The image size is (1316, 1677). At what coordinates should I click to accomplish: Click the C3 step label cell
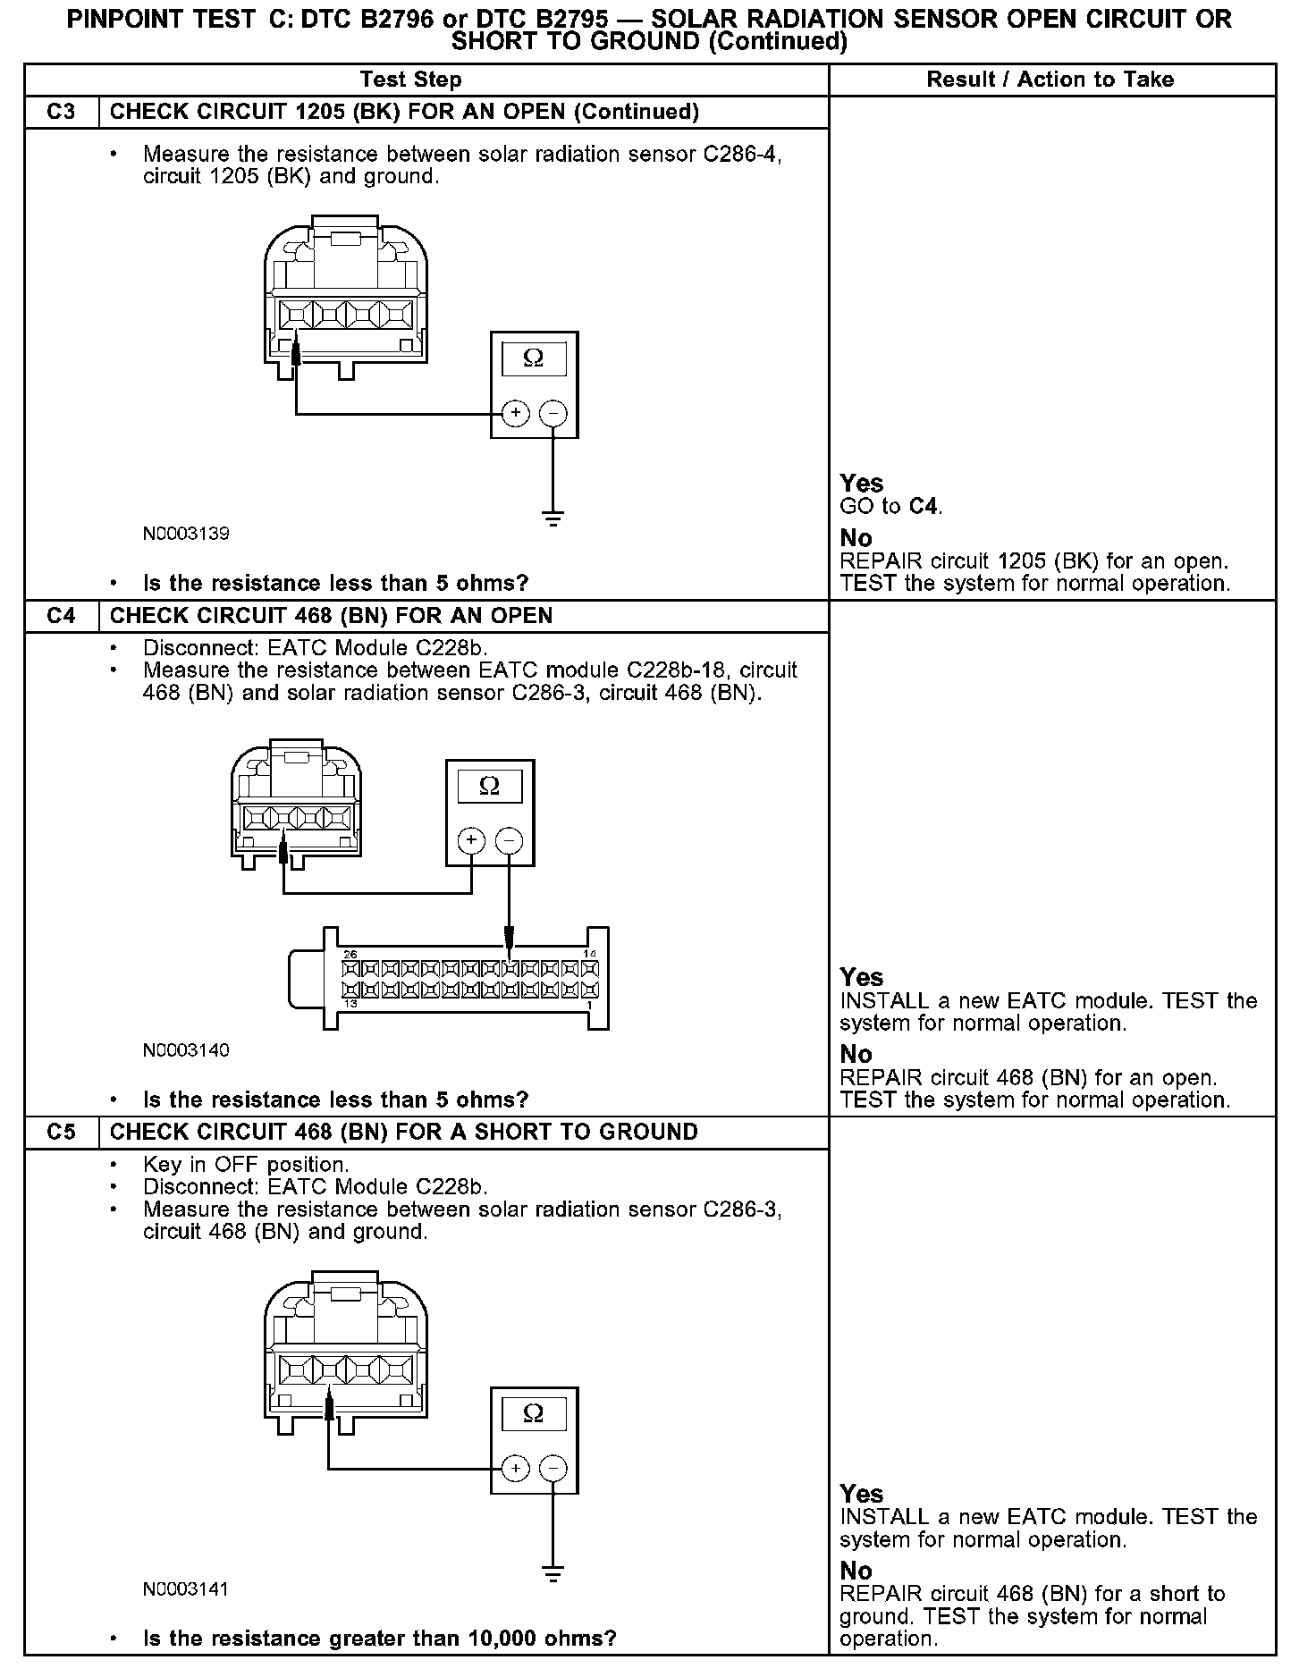pos(61,112)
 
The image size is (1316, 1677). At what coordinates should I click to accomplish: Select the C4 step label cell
pos(61,616)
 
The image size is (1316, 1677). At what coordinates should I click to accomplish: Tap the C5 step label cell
pos(61,1132)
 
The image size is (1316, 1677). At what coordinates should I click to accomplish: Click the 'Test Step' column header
pos(410,80)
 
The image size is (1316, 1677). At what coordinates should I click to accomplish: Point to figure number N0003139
pos(186,534)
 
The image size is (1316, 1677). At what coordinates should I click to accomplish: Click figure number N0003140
pos(186,1049)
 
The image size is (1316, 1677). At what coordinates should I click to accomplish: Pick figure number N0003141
pos(186,1589)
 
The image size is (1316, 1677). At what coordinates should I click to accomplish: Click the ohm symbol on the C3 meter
pos(533,358)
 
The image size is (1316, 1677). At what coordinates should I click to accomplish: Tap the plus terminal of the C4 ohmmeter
pos(471,840)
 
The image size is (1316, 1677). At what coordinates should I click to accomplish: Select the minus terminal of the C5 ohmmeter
pos(553,1469)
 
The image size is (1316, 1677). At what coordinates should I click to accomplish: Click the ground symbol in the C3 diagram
pos(553,518)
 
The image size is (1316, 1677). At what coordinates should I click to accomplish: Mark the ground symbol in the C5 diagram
pos(553,1574)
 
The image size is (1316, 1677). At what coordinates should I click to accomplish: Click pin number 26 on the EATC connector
pos(350,955)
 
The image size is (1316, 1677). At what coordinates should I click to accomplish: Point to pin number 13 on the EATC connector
pos(350,1004)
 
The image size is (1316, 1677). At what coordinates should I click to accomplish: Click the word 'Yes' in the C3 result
pos(861,484)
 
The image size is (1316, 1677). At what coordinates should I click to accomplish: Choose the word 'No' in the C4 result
pos(856,1055)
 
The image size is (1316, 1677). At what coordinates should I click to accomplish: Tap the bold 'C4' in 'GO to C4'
pos(924,507)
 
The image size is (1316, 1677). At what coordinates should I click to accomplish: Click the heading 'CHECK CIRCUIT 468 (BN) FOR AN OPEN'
pos(331,616)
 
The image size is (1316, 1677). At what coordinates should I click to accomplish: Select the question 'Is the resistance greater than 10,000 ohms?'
pos(379,1639)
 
